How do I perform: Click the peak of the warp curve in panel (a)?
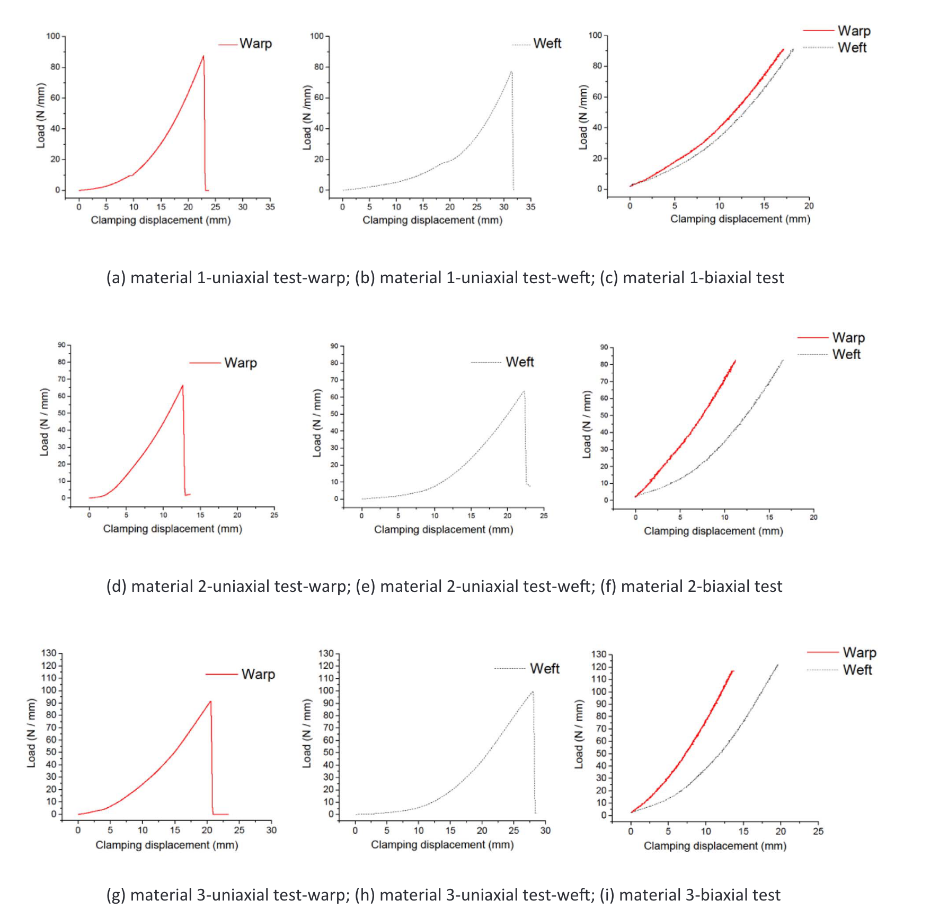pyautogui.click(x=203, y=56)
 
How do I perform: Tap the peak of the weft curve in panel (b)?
pyautogui.click(x=511, y=72)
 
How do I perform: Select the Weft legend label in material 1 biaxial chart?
pyautogui.click(x=852, y=48)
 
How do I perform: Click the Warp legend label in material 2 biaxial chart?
pyautogui.click(x=848, y=338)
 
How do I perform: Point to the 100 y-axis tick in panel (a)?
pyautogui.click(x=54, y=36)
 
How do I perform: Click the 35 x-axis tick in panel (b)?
pyautogui.click(x=530, y=207)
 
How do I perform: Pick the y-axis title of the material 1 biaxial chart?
pyautogui.click(x=583, y=117)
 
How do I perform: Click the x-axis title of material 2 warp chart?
pyautogui.click(x=172, y=529)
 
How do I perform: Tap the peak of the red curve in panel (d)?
pyautogui.click(x=182, y=386)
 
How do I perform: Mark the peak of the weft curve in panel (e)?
pyautogui.click(x=524, y=391)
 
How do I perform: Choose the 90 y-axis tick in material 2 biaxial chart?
pyautogui.click(x=604, y=347)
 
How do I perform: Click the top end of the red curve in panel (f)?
pyautogui.click(x=735, y=361)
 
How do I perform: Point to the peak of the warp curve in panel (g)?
pyautogui.click(x=210, y=702)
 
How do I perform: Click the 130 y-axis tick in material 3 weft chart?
pyautogui.click(x=326, y=653)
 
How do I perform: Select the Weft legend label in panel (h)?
pyautogui.click(x=544, y=669)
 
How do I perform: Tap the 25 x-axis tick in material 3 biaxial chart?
pyautogui.click(x=818, y=831)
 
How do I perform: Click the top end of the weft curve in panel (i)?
pyautogui.click(x=777, y=665)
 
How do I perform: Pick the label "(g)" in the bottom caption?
pyautogui.click(x=116, y=895)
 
